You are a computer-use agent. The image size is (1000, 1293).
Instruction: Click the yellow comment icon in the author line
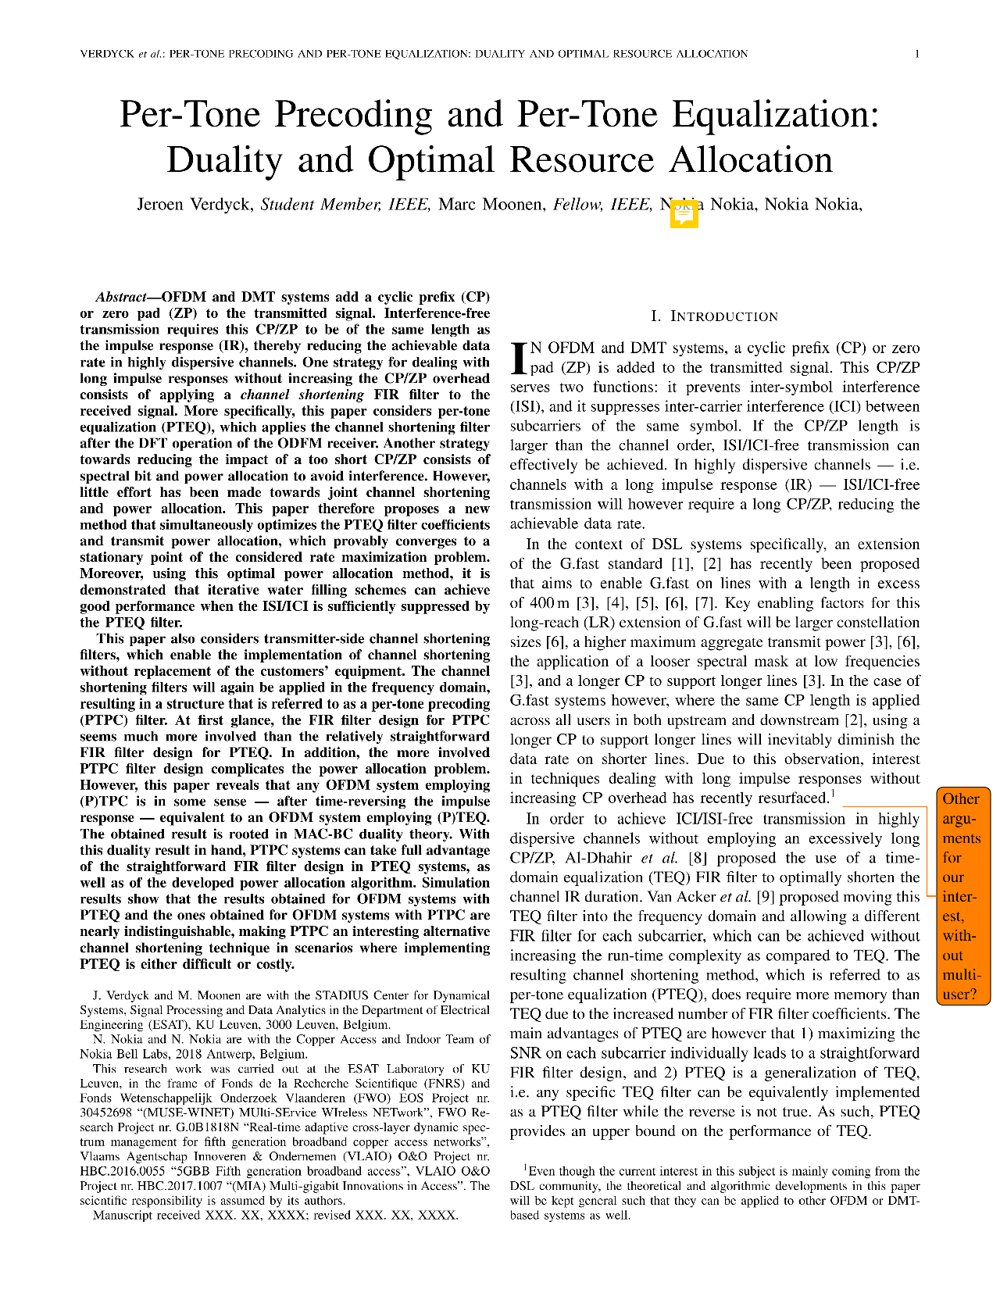coord(684,213)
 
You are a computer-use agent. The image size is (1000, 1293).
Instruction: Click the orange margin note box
coord(962,896)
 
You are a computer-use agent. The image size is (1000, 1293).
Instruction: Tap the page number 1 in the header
coord(917,54)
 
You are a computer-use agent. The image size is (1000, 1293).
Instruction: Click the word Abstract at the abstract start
coord(120,297)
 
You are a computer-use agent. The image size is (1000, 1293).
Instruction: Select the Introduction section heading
coord(714,316)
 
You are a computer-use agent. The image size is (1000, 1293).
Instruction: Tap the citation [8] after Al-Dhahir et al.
coord(696,858)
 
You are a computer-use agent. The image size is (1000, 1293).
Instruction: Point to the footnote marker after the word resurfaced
coord(833,794)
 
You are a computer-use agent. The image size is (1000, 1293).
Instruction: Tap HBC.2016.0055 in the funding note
coord(120,1171)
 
